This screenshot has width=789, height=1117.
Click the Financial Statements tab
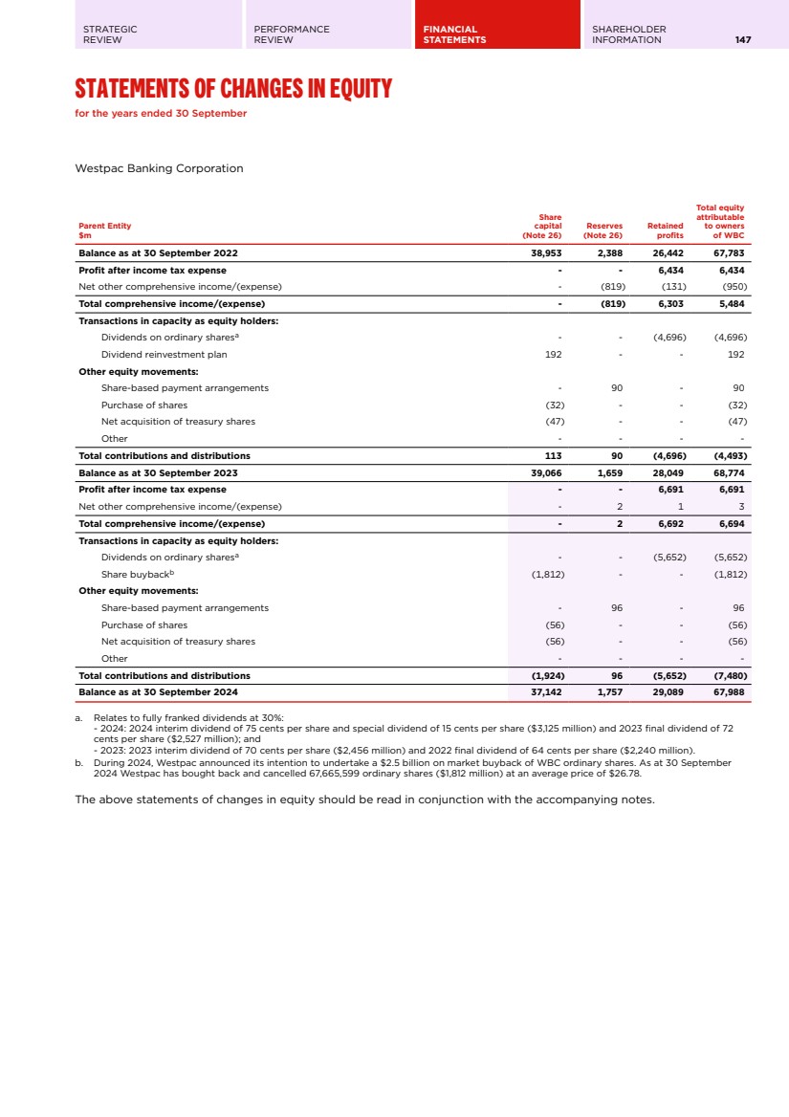tap(454, 34)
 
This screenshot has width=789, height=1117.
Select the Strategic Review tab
tap(110, 34)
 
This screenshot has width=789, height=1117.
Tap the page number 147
tap(743, 40)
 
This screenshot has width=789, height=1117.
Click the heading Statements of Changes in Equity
tap(233, 90)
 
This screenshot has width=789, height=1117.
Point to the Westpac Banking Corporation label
tap(159, 168)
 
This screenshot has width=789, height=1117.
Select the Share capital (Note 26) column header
tap(541, 226)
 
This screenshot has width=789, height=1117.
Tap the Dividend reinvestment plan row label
tap(164, 354)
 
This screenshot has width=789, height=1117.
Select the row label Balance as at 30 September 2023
tap(158, 472)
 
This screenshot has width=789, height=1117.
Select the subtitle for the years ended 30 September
tap(161, 114)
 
